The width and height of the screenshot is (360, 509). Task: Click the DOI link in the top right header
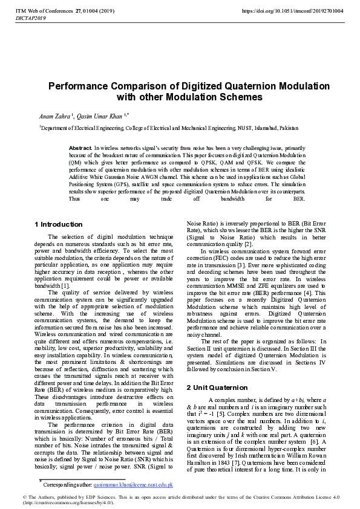[x=292, y=11]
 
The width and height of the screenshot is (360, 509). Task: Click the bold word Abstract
[x=80, y=148]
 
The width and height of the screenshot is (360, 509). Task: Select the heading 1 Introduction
[x=59, y=225]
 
